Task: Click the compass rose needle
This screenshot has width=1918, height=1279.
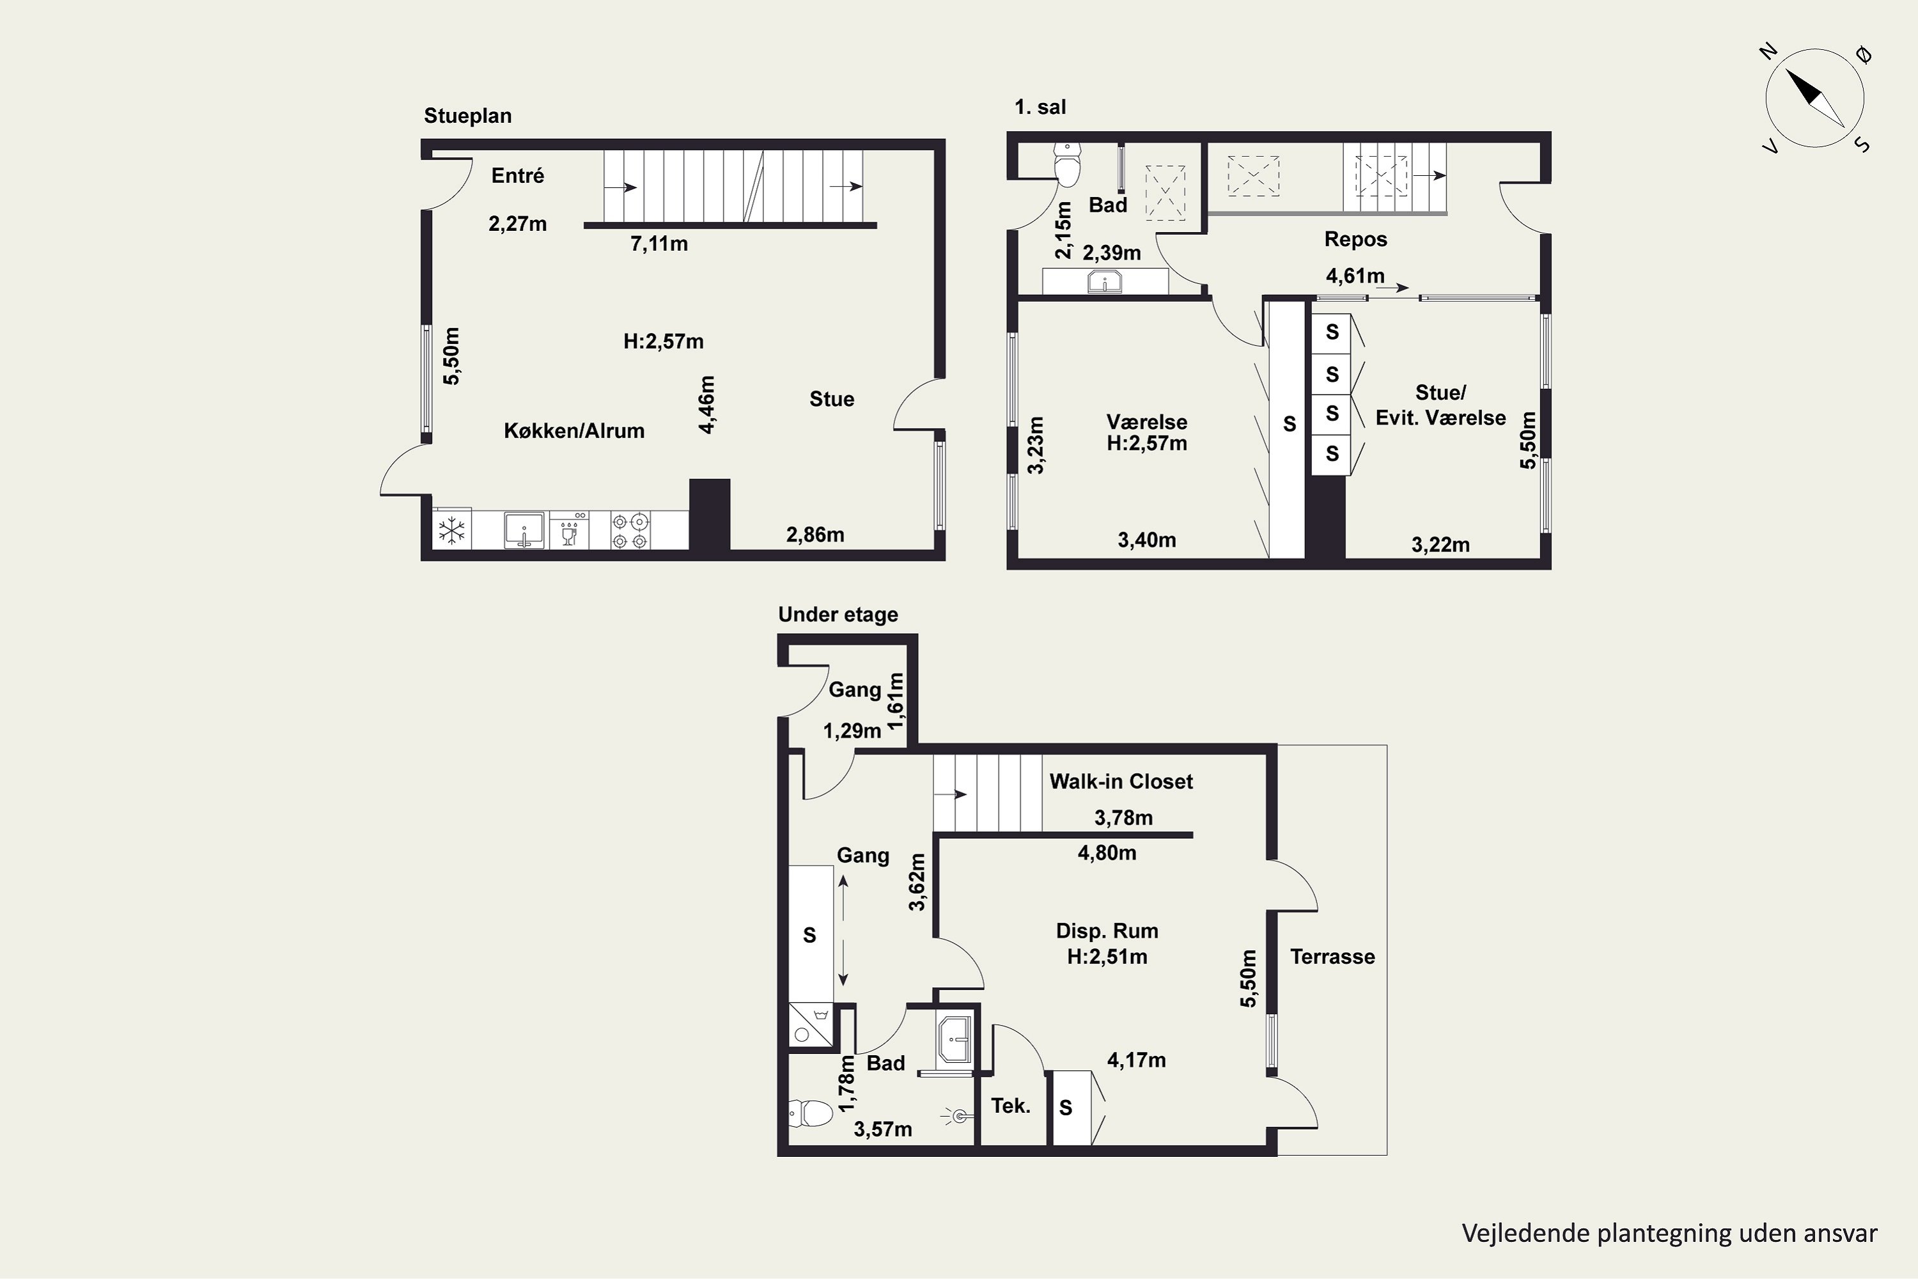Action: point(1815,98)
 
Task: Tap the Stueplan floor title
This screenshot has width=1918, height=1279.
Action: point(467,116)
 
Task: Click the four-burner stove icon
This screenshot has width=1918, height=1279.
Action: point(631,530)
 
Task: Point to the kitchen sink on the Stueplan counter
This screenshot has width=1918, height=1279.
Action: point(524,530)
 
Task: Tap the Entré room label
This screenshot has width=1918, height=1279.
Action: point(517,175)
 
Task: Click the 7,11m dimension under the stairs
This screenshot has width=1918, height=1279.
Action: point(659,244)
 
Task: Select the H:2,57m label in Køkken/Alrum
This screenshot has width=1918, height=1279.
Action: point(663,341)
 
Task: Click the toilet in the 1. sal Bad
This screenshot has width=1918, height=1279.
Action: point(1068,165)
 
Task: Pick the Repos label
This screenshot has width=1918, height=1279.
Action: point(1355,239)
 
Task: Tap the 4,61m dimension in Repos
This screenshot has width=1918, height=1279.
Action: point(1355,276)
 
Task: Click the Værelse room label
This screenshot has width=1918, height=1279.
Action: point(1146,421)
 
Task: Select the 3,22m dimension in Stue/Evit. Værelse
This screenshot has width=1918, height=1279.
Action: point(1440,545)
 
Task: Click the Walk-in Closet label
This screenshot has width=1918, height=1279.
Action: point(1121,781)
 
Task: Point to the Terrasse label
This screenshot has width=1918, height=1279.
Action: point(1332,956)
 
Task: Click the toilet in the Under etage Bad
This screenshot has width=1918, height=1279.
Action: point(811,1112)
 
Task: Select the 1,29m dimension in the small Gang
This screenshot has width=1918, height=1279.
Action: point(852,731)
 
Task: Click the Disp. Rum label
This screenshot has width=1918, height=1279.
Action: point(1107,930)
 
